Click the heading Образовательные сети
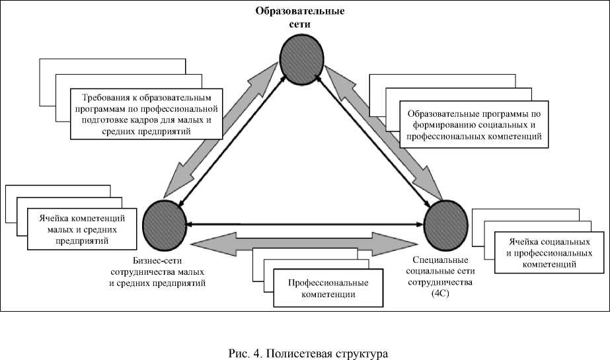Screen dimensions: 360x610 (x=302, y=17)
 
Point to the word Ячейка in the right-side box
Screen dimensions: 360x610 (x=522, y=241)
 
